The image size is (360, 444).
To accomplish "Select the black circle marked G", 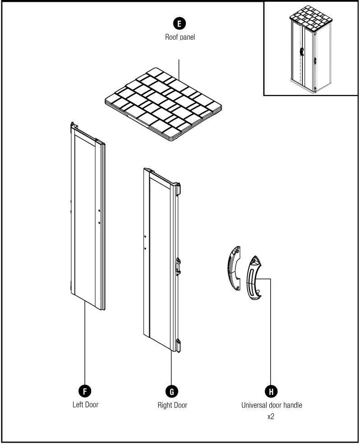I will coord(171,390).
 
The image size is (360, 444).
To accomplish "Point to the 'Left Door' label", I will coord(85,404).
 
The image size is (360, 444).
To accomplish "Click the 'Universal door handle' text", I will coord(271,405).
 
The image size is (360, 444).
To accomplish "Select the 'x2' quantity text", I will coord(271,417).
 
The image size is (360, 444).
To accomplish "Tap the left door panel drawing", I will coord(87,216).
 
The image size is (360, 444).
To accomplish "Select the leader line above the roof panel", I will coord(180,68).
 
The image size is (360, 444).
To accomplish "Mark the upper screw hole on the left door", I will coord(99,211).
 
